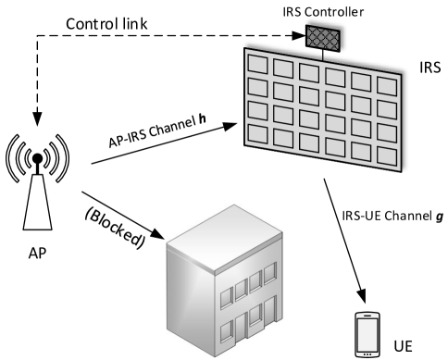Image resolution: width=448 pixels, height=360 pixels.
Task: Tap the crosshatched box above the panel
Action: click(x=322, y=38)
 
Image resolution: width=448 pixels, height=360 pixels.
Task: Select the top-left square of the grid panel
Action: click(x=257, y=65)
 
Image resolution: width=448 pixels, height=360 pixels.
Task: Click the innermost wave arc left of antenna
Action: click(x=27, y=156)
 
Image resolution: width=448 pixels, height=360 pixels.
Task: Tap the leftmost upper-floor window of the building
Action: click(x=228, y=294)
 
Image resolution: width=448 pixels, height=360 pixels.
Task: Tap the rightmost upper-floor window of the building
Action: click(x=269, y=274)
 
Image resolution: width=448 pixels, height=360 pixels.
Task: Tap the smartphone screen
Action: click(x=368, y=331)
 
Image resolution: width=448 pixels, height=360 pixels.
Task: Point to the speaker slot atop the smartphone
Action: click(x=368, y=317)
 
